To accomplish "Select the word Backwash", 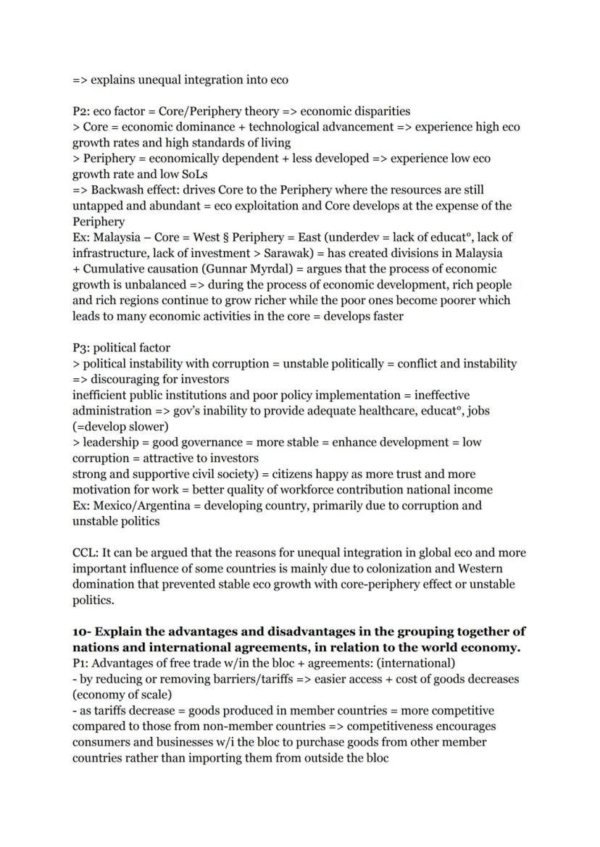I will pyautogui.click(x=116, y=190).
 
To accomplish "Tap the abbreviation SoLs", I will pyautogui.click(x=191, y=175).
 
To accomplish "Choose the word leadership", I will pyautogui.click(x=111, y=442).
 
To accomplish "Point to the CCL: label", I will pyautogui.click(x=85, y=553).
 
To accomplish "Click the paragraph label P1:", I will pyautogui.click(x=81, y=663).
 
